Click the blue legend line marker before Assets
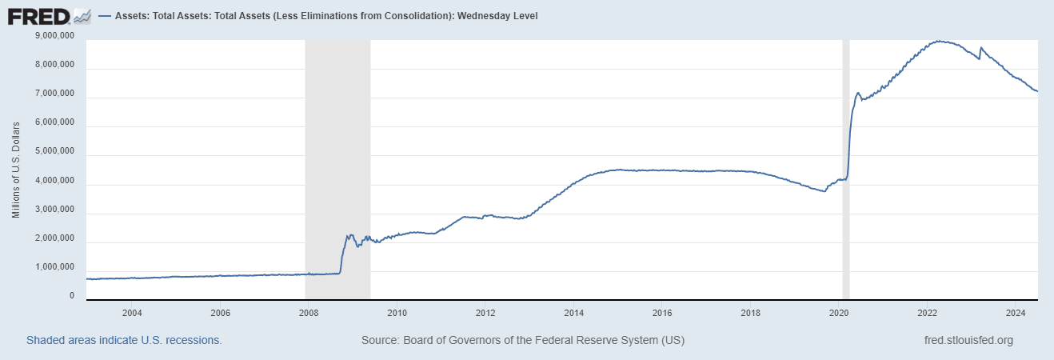point(106,16)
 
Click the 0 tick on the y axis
point(71,296)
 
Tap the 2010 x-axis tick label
point(397,312)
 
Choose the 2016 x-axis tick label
point(662,312)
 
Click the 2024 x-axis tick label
point(1016,312)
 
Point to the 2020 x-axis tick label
point(839,312)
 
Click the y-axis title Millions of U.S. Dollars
point(16,170)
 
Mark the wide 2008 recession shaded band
point(337,160)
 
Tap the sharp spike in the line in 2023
point(981,48)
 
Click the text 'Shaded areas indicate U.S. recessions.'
point(124,340)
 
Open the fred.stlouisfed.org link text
point(968,340)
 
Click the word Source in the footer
point(379,340)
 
